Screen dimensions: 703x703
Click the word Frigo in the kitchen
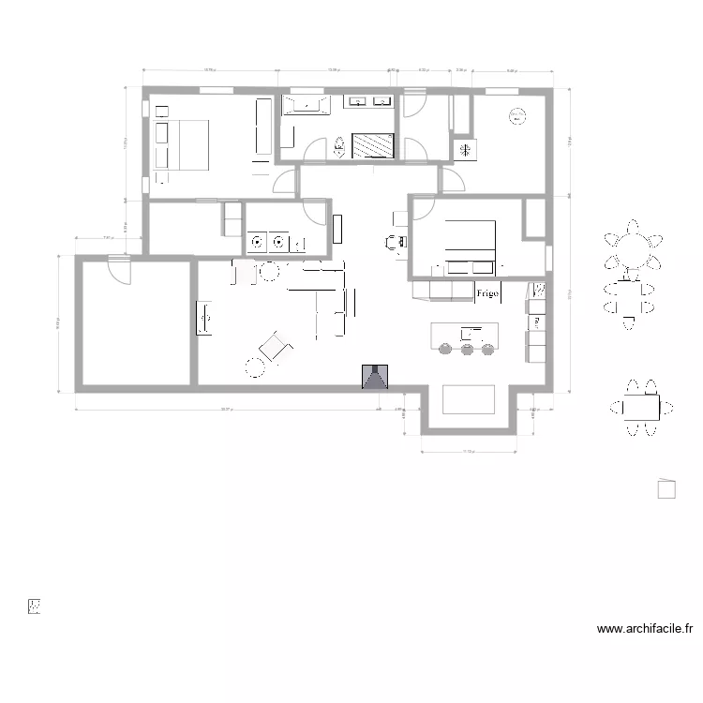click(487, 293)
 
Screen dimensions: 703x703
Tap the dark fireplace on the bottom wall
click(375, 377)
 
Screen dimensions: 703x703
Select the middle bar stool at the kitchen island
click(466, 351)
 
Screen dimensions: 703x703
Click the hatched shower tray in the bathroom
click(373, 146)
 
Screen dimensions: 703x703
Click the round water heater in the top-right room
click(516, 116)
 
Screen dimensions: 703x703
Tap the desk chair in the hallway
click(392, 242)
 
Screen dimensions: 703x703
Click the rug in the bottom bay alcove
click(469, 398)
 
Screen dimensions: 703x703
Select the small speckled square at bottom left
click(35, 606)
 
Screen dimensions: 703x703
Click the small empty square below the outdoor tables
click(666, 488)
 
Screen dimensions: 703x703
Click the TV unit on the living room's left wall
click(202, 316)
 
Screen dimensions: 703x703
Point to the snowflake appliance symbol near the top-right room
click(463, 149)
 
